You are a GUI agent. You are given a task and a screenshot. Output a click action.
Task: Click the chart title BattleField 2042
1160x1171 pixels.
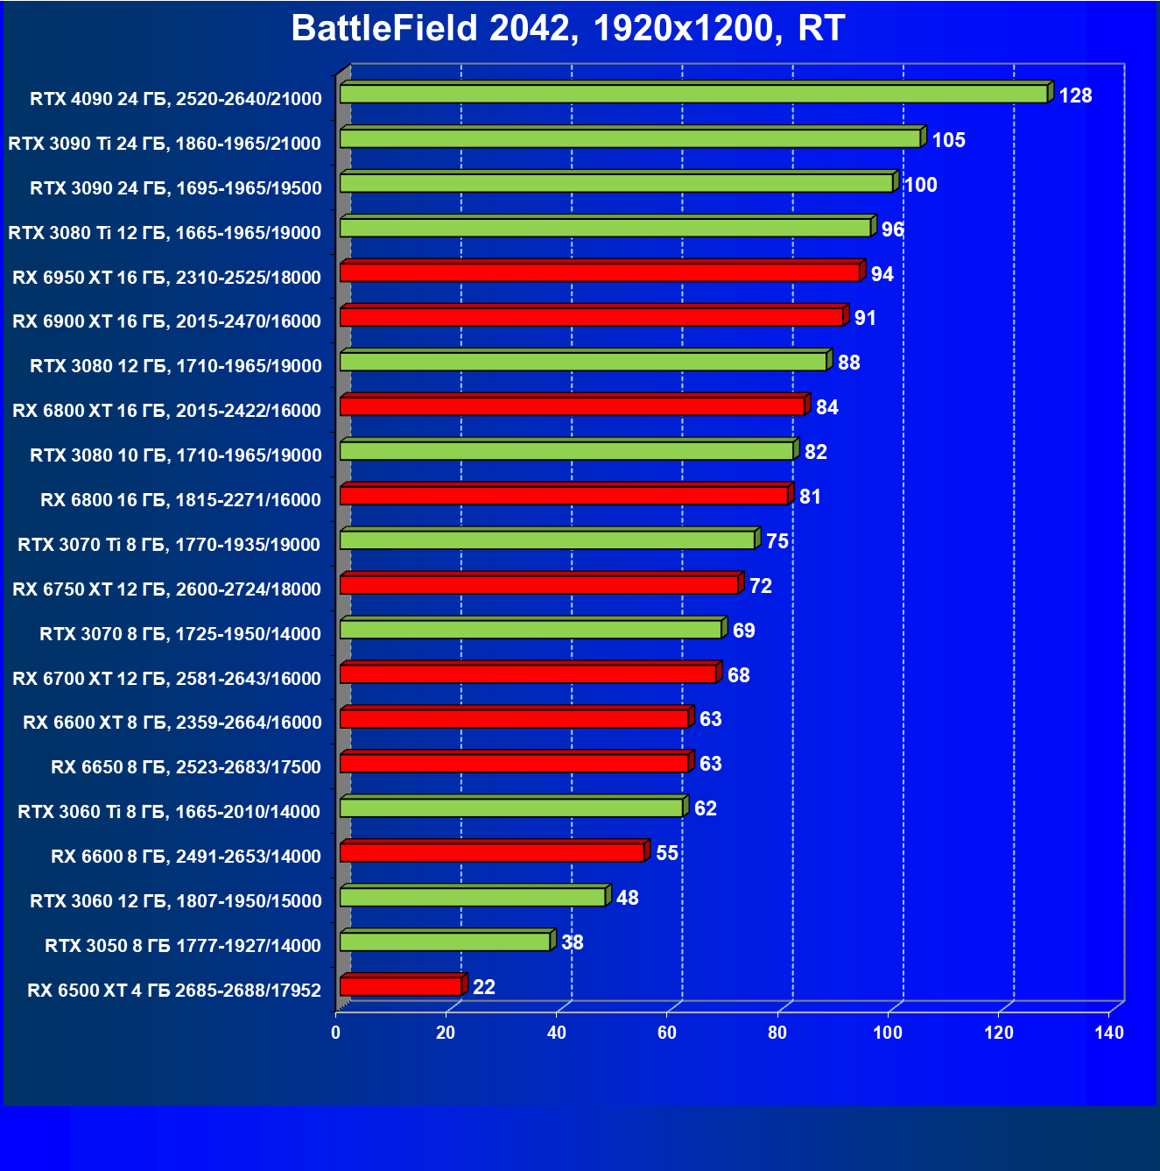click(x=567, y=28)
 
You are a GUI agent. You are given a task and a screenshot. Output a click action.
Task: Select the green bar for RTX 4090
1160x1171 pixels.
click(x=693, y=94)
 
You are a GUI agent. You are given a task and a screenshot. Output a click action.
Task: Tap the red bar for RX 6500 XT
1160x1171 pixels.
click(x=401, y=986)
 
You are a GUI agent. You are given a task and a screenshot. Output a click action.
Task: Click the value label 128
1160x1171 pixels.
click(x=1075, y=95)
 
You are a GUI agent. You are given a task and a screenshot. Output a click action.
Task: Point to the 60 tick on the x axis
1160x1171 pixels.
click(x=667, y=1033)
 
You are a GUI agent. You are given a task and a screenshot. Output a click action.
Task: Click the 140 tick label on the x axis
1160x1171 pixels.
click(x=1108, y=1033)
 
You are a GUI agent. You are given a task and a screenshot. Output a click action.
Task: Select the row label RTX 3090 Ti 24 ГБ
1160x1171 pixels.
click(x=165, y=144)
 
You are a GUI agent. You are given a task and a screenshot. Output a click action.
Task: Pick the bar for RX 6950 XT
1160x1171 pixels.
click(x=600, y=272)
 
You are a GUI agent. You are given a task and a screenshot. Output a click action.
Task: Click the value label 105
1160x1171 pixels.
click(x=948, y=140)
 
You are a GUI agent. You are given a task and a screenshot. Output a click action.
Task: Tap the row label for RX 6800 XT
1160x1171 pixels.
click(x=166, y=411)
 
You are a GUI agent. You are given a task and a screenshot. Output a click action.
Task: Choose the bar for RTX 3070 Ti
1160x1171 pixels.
click(x=547, y=540)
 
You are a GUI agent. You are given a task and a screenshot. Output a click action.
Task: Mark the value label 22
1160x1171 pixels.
click(x=484, y=987)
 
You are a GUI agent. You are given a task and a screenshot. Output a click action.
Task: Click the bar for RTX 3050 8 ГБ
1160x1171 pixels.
click(x=445, y=942)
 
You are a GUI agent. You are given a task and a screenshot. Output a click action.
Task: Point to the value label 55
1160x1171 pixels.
click(x=667, y=853)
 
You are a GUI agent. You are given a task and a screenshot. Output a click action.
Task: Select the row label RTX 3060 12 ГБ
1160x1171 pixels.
click(x=175, y=901)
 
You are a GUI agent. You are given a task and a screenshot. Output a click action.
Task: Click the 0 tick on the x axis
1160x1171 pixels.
click(x=335, y=1033)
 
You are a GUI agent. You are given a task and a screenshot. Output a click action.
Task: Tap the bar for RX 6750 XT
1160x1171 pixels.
click(x=538, y=584)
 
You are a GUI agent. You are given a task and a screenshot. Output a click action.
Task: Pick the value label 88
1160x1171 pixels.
click(x=848, y=363)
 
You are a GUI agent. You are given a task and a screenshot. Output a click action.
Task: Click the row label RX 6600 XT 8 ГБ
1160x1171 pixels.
click(x=172, y=723)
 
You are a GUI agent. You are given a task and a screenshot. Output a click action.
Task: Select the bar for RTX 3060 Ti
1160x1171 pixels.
click(x=511, y=807)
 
